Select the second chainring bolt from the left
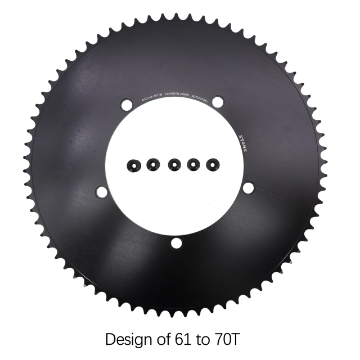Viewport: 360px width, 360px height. coord(153,164)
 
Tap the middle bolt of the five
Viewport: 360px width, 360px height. coord(174,164)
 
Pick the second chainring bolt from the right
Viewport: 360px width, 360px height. coord(193,164)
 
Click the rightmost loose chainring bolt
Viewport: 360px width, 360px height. coord(213,164)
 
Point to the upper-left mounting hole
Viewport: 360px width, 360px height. coord(126,104)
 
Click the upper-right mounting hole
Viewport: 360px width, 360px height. coord(218,102)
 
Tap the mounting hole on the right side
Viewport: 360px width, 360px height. coord(247,188)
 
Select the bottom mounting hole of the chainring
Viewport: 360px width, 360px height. coord(177,243)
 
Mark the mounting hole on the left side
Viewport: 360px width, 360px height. coord(102,192)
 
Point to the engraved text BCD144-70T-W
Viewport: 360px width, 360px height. coord(148,97)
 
